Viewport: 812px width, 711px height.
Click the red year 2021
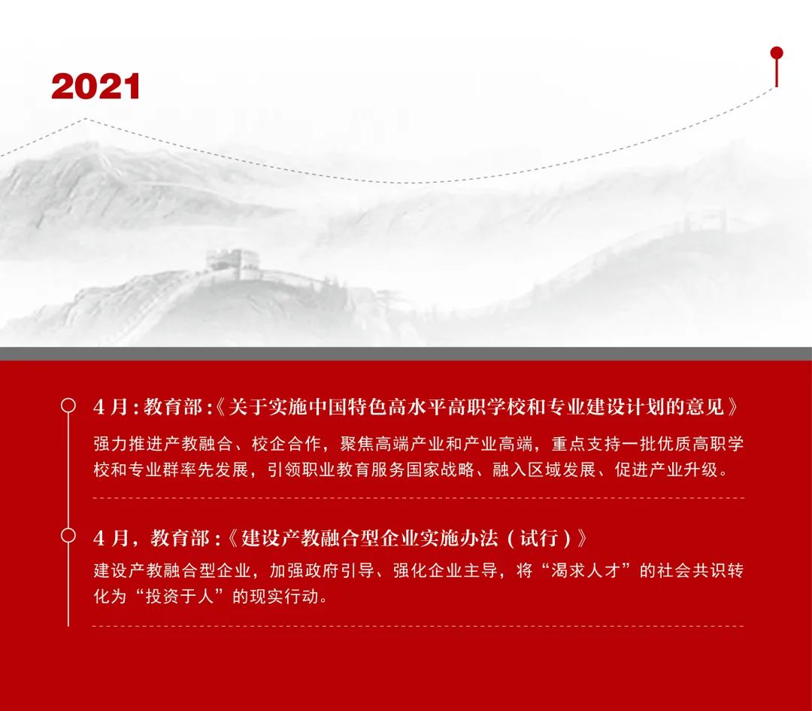tap(95, 86)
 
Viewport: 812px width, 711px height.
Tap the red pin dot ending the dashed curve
tap(776, 53)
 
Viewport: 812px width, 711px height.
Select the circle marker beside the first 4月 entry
tap(68, 406)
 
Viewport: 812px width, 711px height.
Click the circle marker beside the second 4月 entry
tap(68, 536)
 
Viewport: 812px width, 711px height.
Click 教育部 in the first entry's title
tap(173, 407)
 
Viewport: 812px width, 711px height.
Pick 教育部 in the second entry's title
tap(180, 538)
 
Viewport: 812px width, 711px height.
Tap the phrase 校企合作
tap(286, 444)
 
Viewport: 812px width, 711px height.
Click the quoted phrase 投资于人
tap(180, 597)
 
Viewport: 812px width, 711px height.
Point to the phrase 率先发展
tap(215, 469)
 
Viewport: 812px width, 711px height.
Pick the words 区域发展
tap(562, 469)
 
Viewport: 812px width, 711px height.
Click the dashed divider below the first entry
tap(419, 498)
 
